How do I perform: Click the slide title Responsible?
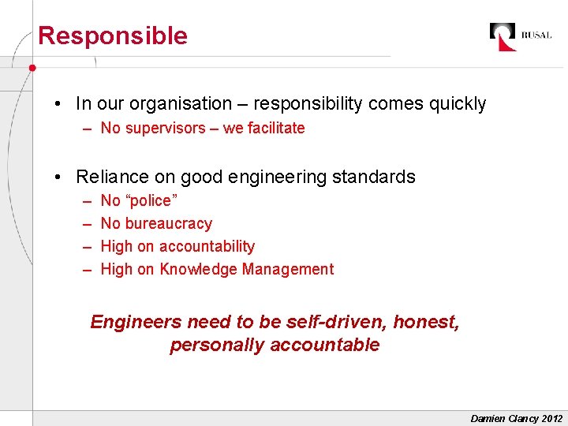coord(113,35)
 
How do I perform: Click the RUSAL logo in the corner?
coord(520,35)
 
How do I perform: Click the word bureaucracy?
coord(169,223)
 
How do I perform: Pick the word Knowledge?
coord(198,269)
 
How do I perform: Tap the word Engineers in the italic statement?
coord(135,322)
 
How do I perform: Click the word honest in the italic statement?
coord(425,322)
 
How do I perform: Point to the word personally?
coord(217,345)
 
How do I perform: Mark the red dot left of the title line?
coord(32,68)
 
